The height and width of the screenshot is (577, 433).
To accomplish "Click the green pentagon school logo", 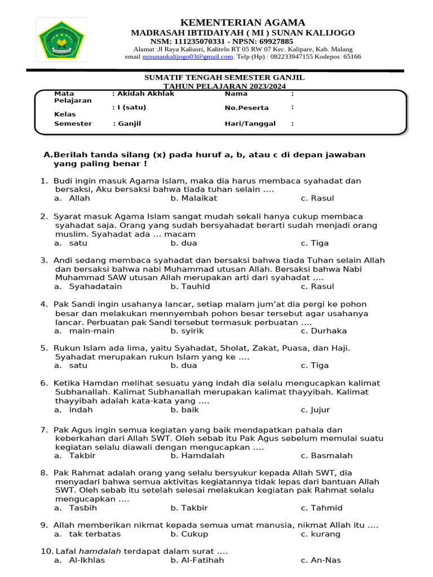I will pos(61,39).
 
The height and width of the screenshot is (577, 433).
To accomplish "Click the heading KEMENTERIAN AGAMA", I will pos(242,23).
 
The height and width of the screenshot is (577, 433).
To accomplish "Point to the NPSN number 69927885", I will pos(273,42).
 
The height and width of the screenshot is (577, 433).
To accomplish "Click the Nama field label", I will pos(236,94).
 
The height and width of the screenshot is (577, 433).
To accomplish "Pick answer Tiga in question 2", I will pos(320,243).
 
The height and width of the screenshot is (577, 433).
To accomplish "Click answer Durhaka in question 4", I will pos(329,331).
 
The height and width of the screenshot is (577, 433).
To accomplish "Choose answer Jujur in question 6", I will pos(320,410).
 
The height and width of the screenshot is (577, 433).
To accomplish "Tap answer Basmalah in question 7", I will pos(332,456).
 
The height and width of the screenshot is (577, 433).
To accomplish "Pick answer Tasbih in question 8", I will pos(83,508).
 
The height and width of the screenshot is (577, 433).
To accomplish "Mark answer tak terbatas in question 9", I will pos(95,534).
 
